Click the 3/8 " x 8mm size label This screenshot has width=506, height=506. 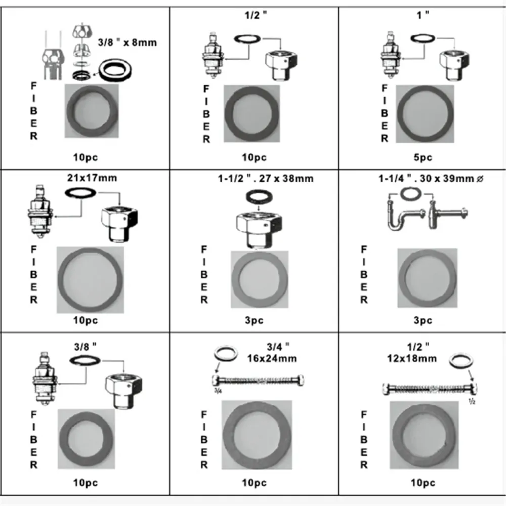(127, 43)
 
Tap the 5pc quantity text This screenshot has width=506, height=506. (423, 157)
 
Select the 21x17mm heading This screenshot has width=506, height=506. (92, 178)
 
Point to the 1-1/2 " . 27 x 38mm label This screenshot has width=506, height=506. (266, 179)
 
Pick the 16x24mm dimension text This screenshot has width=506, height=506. (272, 359)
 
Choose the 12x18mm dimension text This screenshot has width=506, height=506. (412, 359)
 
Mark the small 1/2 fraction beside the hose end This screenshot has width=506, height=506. (472, 402)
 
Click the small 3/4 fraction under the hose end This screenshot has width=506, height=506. (218, 391)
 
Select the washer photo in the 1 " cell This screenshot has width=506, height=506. (425, 114)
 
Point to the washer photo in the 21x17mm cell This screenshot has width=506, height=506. (90, 280)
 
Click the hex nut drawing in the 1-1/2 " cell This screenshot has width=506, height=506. (259, 229)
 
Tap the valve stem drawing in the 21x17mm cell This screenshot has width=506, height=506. (40, 212)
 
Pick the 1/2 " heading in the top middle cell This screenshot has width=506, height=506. (256, 15)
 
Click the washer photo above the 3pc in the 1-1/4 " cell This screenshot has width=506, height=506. (427, 278)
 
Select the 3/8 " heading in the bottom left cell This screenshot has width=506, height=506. (85, 347)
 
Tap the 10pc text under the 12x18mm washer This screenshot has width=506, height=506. (423, 483)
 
